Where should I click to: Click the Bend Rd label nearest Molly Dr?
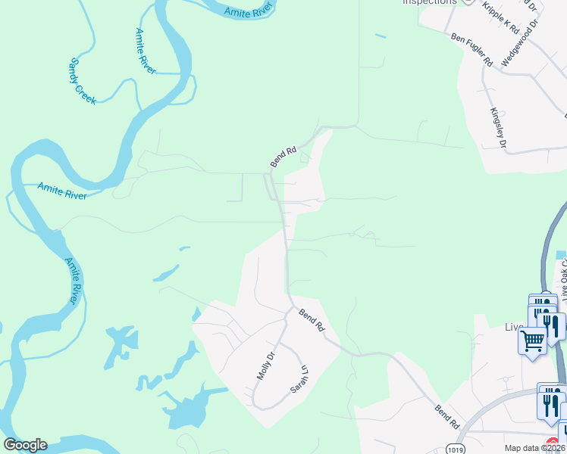pyautogui.click(x=311, y=320)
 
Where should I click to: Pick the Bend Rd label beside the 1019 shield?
pyautogui.click(x=447, y=418)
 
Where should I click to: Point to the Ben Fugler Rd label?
pyautogui.click(x=471, y=50)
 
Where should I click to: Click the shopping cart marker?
pyautogui.click(x=532, y=341)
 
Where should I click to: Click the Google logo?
pyautogui.click(x=25, y=445)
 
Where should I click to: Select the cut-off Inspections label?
pyautogui.click(x=430, y=2)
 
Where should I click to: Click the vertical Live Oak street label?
pyautogui.click(x=562, y=275)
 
